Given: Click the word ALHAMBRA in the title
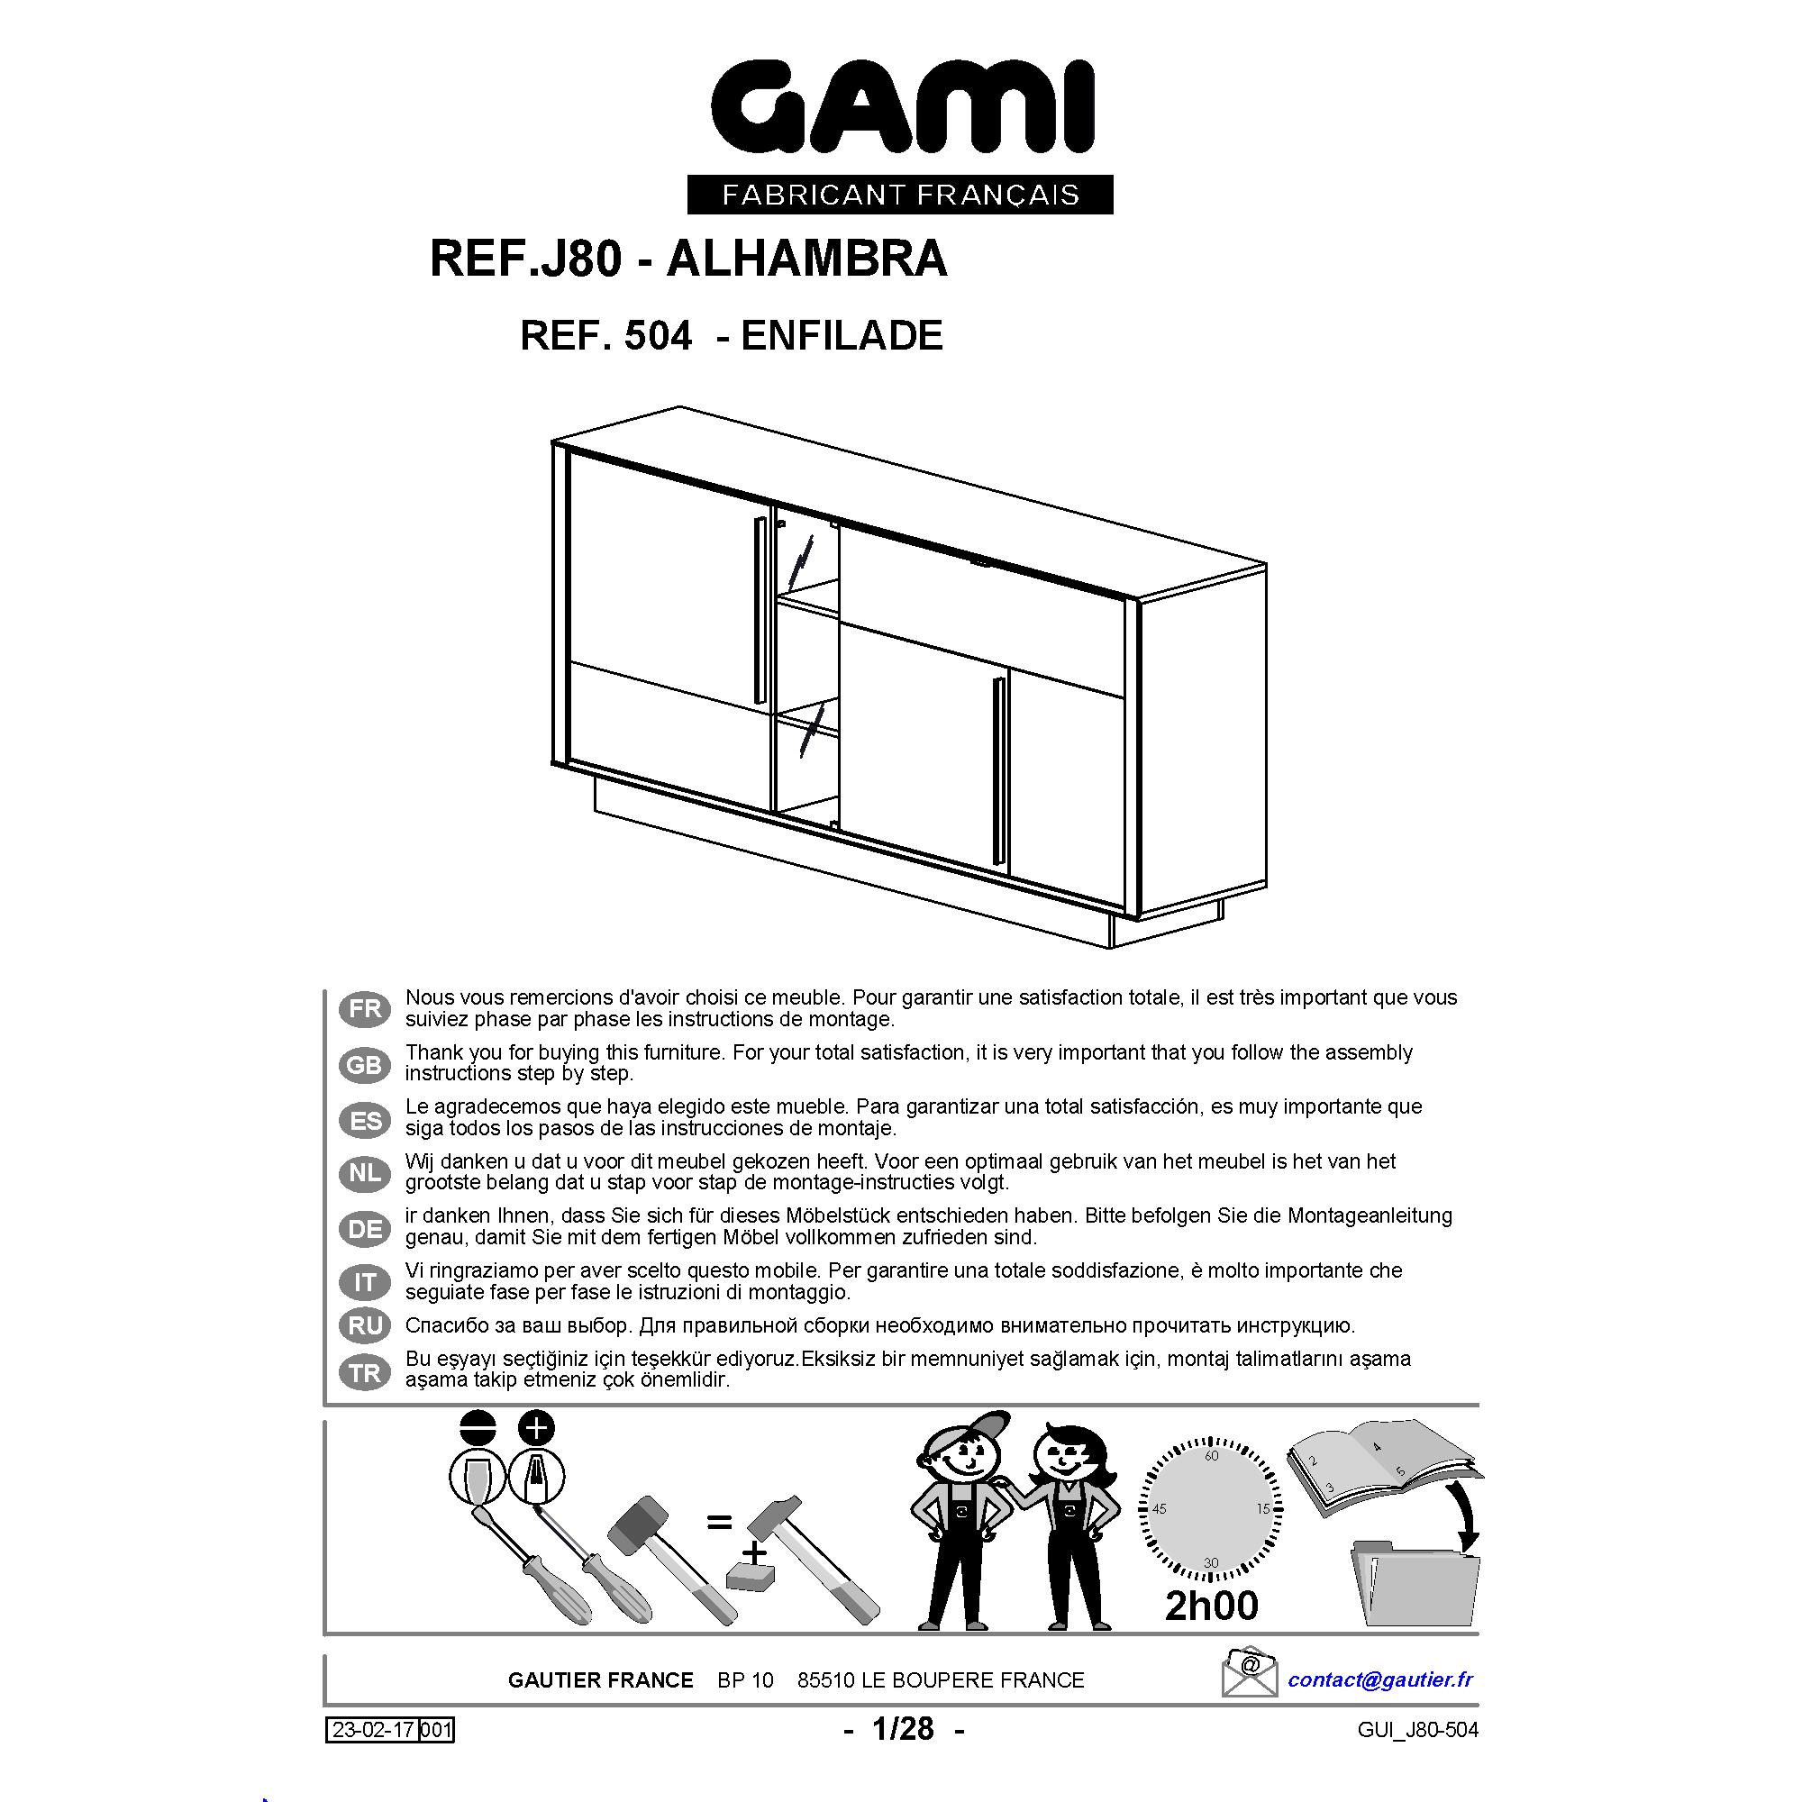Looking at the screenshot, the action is coord(807,259).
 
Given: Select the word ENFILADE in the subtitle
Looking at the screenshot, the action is coord(842,336).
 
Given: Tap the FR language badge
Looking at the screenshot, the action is coord(365,1009).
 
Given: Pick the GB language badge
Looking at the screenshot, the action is coord(365,1064).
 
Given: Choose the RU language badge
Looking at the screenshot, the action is coord(365,1325).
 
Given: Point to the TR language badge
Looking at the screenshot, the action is coord(365,1373).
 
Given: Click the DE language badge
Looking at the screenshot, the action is coord(365,1228).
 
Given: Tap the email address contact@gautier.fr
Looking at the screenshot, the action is coord(1380,1679).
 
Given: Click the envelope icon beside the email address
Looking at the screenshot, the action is coord(1250,1672).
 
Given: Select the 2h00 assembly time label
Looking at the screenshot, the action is coord(1212,1606).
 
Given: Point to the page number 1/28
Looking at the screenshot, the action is coord(903,1729).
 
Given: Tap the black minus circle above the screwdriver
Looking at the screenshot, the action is coord(477,1427).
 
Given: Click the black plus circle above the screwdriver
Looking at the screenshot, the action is coord(536,1427).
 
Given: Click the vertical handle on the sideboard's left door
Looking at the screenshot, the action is coord(760,612).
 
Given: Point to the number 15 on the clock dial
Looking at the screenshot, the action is coord(1263,1508).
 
